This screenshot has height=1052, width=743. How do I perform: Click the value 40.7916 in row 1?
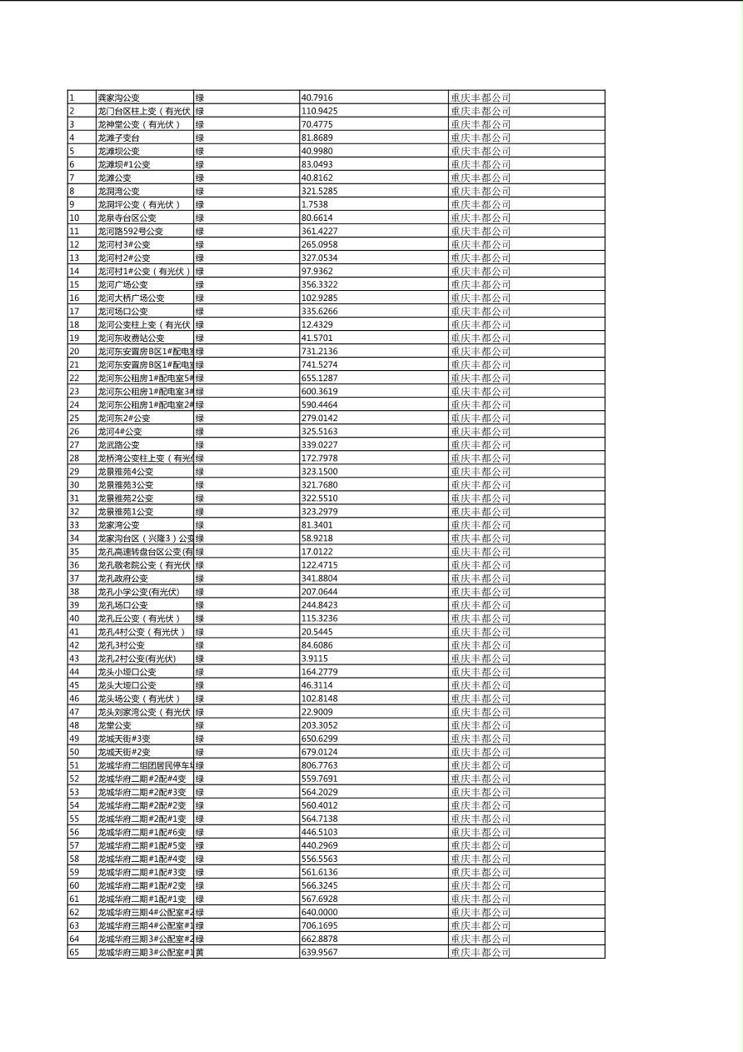pos(317,98)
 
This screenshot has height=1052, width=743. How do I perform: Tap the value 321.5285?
pos(319,191)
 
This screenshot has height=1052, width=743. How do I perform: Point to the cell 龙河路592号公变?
pos(130,231)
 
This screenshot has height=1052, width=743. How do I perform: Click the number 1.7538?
pos(314,204)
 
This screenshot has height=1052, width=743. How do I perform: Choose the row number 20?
pos(74,351)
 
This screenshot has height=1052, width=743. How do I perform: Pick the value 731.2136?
pos(319,351)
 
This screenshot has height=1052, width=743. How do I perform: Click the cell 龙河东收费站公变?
pos(131,338)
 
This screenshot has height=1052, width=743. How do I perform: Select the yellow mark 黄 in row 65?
pos(199,952)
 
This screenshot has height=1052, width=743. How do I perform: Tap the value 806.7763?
pos(319,765)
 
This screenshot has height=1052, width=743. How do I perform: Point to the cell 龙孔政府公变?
pos(122,578)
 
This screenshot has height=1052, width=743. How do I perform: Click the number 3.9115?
pos(314,659)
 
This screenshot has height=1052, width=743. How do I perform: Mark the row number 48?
pos(74,725)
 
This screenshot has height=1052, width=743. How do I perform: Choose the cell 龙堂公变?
pos(114,725)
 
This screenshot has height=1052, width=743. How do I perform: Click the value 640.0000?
pos(319,912)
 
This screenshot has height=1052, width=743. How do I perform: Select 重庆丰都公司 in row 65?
pos(481,952)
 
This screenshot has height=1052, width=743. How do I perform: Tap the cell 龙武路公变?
pos(118,444)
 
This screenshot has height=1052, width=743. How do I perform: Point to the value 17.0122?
pos(317,551)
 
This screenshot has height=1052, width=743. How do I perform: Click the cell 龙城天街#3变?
pos(124,739)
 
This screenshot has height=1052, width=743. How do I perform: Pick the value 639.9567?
pos(319,952)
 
